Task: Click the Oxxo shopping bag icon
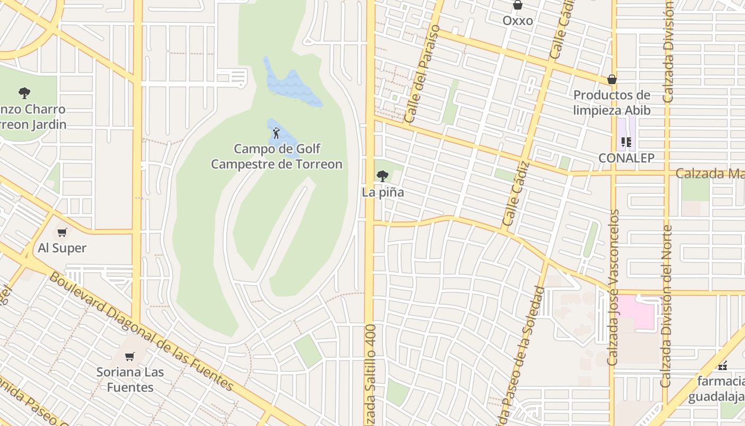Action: coord(517,6)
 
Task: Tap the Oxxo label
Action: coord(517,21)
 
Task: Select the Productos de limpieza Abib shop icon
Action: coord(612,79)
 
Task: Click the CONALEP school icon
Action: coord(626,142)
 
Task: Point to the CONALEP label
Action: coord(626,158)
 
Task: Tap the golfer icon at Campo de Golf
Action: coord(276,133)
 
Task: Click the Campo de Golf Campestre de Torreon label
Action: coord(276,157)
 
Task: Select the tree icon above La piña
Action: coord(383,176)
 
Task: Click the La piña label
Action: coord(383,192)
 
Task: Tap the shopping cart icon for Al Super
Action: coord(62,232)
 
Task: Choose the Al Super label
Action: coord(62,248)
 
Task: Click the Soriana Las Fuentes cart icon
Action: coord(130,356)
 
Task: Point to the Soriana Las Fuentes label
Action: coord(130,379)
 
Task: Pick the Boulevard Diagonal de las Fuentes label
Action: coord(141,331)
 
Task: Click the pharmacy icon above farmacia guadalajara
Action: coord(722,366)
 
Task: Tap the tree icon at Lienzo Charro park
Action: coord(24,93)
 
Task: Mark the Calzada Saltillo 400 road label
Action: coord(370,373)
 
